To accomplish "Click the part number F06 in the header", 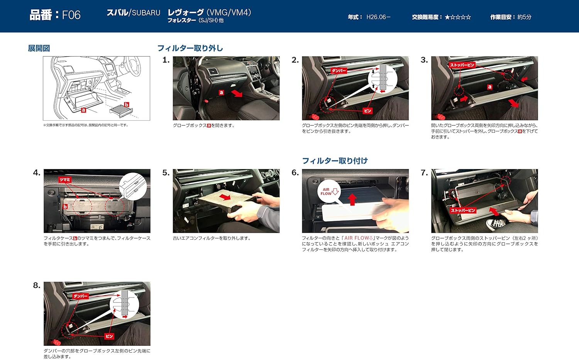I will tap(71, 15).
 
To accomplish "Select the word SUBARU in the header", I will tap(146, 13).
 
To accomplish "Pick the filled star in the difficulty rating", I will tap(447, 17).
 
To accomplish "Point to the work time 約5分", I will tap(524, 17).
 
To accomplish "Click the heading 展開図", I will tap(39, 48).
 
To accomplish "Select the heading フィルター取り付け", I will tap(335, 161).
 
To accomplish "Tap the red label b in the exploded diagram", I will tap(127, 105).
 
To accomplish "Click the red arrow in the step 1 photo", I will tap(237, 93).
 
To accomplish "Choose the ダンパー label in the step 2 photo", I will tap(339, 71).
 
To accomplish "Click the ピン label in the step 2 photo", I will tap(367, 111).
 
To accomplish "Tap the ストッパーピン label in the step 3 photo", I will tap(462, 65).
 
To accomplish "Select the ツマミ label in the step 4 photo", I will tap(64, 180).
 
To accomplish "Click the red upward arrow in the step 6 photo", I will tap(352, 199).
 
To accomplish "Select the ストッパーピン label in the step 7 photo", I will tap(463, 210).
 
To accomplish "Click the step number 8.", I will tap(37, 286).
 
